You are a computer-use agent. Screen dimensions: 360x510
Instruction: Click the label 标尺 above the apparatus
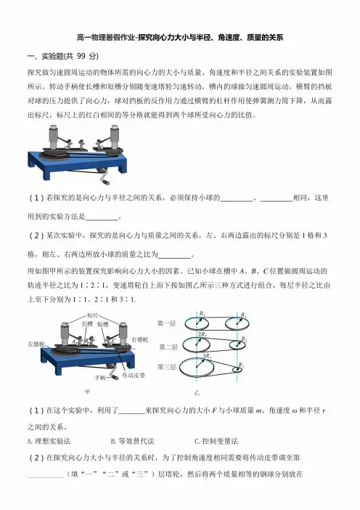pyautogui.click(x=92, y=315)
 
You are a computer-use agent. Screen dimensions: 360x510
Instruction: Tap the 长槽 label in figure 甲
pyautogui.click(x=87, y=324)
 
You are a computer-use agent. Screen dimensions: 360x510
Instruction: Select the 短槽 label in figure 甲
pyautogui.click(x=102, y=324)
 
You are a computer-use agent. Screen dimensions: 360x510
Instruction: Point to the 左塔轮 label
pyautogui.click(x=36, y=344)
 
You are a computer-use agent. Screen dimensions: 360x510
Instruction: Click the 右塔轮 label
pyautogui.click(x=139, y=339)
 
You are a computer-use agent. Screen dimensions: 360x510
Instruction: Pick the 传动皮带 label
pyautogui.click(x=134, y=375)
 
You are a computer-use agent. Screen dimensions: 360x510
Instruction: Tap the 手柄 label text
pyautogui.click(x=100, y=378)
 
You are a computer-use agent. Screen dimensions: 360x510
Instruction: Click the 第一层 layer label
pyautogui.click(x=166, y=323)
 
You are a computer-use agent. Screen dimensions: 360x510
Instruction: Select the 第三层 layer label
pyautogui.click(x=166, y=367)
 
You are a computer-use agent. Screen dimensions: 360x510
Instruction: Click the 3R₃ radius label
pyautogui.click(x=207, y=356)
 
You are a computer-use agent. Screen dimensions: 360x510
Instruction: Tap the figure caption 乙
pyautogui.click(x=197, y=392)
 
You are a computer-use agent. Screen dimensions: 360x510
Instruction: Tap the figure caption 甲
pyautogui.click(x=87, y=392)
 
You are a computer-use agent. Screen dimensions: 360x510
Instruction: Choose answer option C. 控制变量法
pyautogui.click(x=216, y=441)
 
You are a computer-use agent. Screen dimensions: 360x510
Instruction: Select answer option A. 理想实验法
pyautogui.click(x=49, y=441)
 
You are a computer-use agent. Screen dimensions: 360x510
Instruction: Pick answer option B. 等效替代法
pyautogui.click(x=132, y=441)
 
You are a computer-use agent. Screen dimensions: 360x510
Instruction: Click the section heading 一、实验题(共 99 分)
pyautogui.click(x=62, y=56)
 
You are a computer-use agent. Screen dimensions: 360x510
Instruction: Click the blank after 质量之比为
pyautogui.click(x=174, y=255)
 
